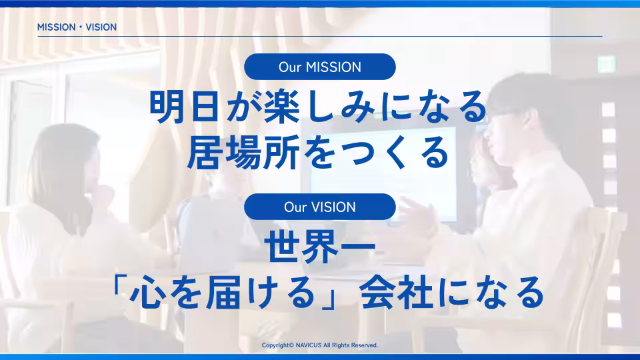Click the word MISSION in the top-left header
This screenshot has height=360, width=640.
click(x=55, y=27)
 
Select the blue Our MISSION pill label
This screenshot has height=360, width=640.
click(x=320, y=67)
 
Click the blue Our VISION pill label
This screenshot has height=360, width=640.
click(x=320, y=207)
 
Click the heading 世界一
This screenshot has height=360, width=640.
click(x=320, y=248)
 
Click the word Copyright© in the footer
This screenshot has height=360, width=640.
click(x=278, y=345)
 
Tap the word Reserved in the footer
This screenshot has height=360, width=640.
click(x=364, y=345)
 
